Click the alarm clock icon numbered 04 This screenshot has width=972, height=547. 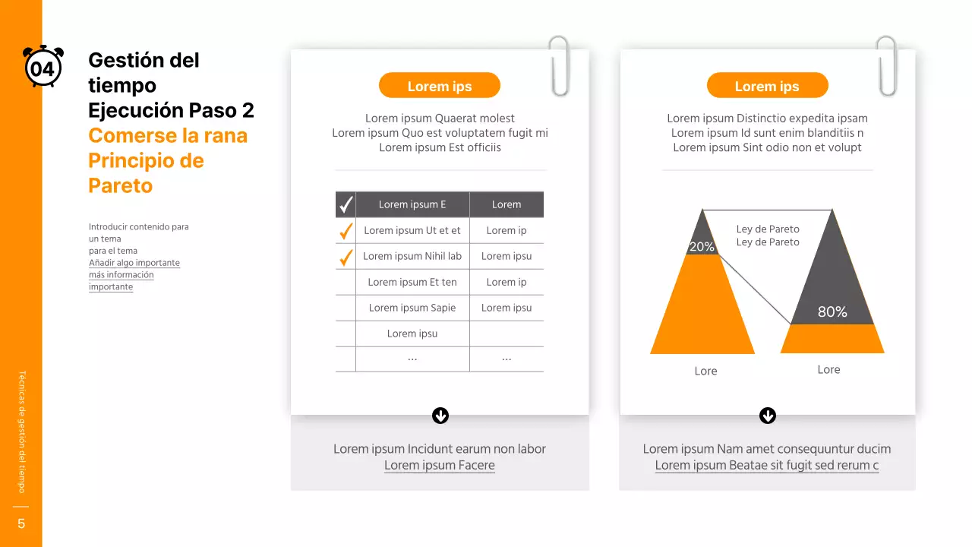(x=43, y=68)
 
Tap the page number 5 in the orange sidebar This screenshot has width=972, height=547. (x=21, y=523)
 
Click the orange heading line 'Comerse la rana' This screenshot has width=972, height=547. (x=168, y=136)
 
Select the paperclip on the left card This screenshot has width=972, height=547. (x=559, y=66)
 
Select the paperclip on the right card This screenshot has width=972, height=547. (x=886, y=66)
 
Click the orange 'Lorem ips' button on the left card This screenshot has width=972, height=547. (x=439, y=86)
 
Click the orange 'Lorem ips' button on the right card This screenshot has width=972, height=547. (x=767, y=86)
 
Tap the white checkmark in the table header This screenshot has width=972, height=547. (x=346, y=204)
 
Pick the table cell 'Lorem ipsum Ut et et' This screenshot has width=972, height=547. (x=412, y=230)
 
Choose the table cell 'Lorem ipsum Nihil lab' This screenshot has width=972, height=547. (x=412, y=256)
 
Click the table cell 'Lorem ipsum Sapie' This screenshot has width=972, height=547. (x=412, y=308)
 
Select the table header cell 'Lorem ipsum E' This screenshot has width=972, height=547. (x=412, y=204)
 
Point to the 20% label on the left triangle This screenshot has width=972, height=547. (x=702, y=247)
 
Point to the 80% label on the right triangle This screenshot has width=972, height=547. (x=832, y=312)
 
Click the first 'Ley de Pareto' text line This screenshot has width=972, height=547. (x=768, y=229)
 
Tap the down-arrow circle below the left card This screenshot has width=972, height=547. (x=440, y=416)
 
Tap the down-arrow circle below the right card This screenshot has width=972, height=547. (x=768, y=416)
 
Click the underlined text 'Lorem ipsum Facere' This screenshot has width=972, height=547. (x=439, y=465)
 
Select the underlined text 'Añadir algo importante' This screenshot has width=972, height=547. (x=134, y=263)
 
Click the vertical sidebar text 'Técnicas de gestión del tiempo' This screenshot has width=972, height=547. (x=21, y=431)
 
